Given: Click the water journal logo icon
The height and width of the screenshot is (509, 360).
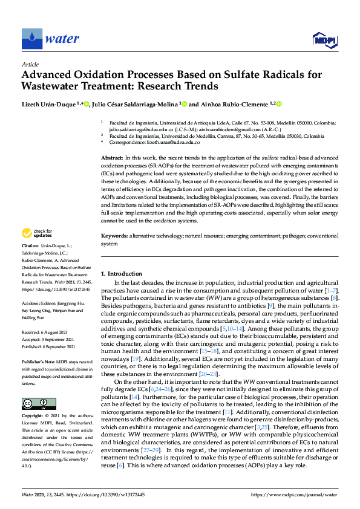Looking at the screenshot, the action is (31, 38).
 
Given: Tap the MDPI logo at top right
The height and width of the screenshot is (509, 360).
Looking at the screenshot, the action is (324, 40).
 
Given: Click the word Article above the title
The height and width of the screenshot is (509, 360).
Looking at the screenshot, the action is (30, 64).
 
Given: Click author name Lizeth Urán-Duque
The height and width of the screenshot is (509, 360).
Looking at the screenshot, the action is (48, 104).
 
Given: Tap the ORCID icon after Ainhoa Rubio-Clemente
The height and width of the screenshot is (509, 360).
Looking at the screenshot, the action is (280, 104).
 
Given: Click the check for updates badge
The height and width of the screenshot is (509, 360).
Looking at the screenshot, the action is (38, 233).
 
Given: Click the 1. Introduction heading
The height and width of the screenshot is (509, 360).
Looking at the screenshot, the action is (122, 274).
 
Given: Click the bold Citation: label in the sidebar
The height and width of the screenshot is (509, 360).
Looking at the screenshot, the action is (30, 247).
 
